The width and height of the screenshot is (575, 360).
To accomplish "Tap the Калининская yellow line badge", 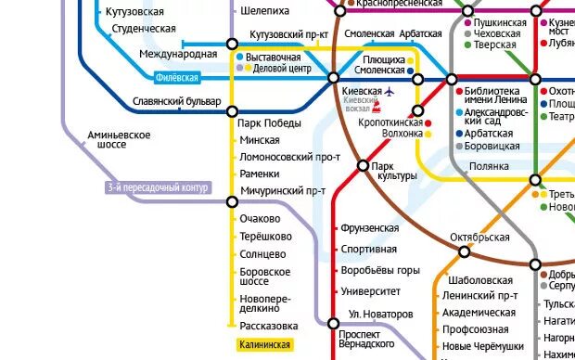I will click(x=264, y=345).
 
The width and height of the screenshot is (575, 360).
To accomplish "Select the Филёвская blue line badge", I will click(x=177, y=78).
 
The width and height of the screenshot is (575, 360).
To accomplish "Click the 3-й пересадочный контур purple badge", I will click(x=158, y=188).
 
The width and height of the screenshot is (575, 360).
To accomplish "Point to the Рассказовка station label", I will click(x=268, y=327).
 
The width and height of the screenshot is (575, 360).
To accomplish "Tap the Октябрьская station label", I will click(x=479, y=238).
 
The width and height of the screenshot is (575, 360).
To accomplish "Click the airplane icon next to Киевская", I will click(x=389, y=92).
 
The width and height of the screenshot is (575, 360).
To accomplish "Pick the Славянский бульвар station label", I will click(x=176, y=100).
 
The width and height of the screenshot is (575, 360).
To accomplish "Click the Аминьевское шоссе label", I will click(x=119, y=140).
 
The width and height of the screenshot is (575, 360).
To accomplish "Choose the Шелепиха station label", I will click(x=264, y=11).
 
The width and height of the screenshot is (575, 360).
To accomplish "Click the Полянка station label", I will click(x=489, y=166).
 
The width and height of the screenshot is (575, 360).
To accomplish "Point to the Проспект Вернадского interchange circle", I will click(x=334, y=323).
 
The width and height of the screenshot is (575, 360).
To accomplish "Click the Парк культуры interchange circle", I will click(x=364, y=166).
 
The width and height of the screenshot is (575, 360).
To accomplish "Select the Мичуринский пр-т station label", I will click(x=282, y=191).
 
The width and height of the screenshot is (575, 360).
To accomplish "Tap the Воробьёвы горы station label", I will click(x=380, y=271).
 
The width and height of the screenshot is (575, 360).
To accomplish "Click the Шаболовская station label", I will click(x=479, y=280).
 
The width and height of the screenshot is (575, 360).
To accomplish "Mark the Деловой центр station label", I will click(x=282, y=69).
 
